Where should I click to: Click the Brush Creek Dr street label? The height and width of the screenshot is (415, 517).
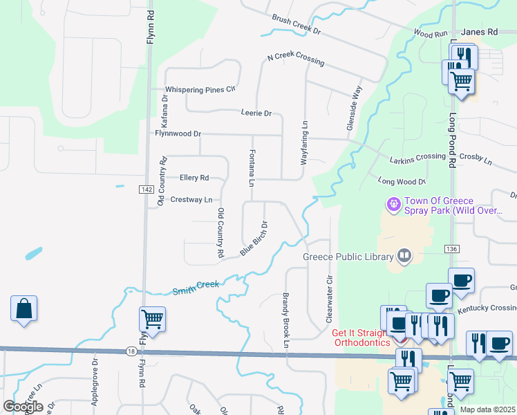click(297, 26)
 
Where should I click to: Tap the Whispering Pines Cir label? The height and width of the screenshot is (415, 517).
click(200, 89)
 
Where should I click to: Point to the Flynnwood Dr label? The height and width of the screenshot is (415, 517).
click(178, 133)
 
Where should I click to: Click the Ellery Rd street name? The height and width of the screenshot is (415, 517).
click(194, 178)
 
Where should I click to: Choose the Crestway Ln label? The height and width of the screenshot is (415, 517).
click(191, 200)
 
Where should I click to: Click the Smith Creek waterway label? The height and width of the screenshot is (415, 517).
click(196, 285)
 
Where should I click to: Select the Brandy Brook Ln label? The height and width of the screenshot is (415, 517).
click(285, 316)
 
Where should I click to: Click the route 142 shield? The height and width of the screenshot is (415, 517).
click(145, 190)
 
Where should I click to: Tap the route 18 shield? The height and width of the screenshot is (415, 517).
click(131, 351)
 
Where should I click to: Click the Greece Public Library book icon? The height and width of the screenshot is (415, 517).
click(404, 257)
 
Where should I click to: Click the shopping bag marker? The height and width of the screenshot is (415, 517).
click(23, 309)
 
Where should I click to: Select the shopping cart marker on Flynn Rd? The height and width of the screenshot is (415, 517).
click(152, 320)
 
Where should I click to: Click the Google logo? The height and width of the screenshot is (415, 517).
click(23, 407)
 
